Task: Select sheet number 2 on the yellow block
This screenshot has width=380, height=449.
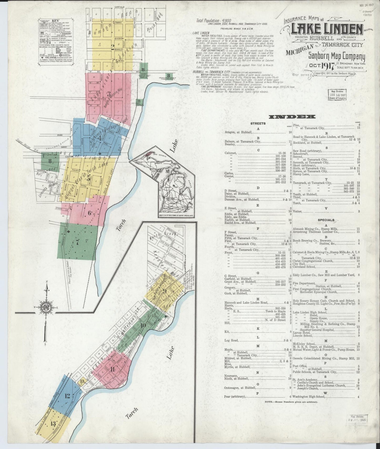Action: (x=113, y=48)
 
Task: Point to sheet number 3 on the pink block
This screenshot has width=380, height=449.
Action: (x=109, y=94)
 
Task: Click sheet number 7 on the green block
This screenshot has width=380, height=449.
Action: (x=77, y=242)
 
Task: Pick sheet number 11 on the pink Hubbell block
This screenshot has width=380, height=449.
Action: (x=113, y=370)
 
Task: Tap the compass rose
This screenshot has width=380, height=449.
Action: (x=47, y=307)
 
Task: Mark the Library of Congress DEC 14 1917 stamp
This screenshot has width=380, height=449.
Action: (x=337, y=94)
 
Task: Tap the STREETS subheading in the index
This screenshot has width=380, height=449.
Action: (x=258, y=123)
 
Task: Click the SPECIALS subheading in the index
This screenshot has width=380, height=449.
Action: (x=326, y=220)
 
